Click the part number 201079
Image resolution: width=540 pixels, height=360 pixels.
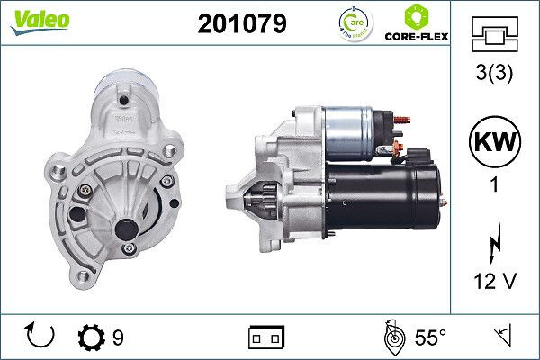pos(241,23)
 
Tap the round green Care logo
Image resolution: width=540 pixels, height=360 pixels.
pos(353,22)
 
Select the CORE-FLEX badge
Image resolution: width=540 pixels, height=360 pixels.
pos(416,23)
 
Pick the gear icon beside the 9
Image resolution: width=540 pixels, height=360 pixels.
pos(93,337)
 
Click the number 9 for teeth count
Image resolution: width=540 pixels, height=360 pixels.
pos(118,337)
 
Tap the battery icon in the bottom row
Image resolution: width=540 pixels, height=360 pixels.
pos(265,337)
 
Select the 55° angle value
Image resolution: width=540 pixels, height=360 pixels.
pos(429,337)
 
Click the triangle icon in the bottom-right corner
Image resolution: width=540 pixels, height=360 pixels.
pos(505,337)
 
